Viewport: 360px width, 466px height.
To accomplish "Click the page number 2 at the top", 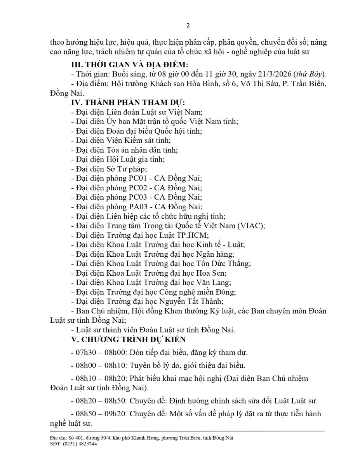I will tap(188, 26).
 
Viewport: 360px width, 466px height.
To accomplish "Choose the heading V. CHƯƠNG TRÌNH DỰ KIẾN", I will tap(129, 339).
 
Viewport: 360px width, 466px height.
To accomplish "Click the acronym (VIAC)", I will tap(252, 226).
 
